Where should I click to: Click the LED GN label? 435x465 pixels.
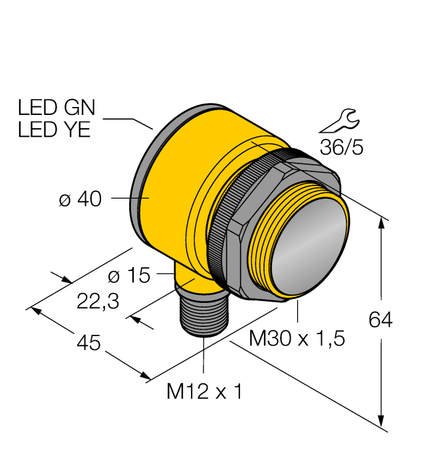57,108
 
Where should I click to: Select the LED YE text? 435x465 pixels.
54,130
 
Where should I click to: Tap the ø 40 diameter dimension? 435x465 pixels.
80,199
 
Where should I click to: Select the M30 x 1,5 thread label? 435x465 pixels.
297,339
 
